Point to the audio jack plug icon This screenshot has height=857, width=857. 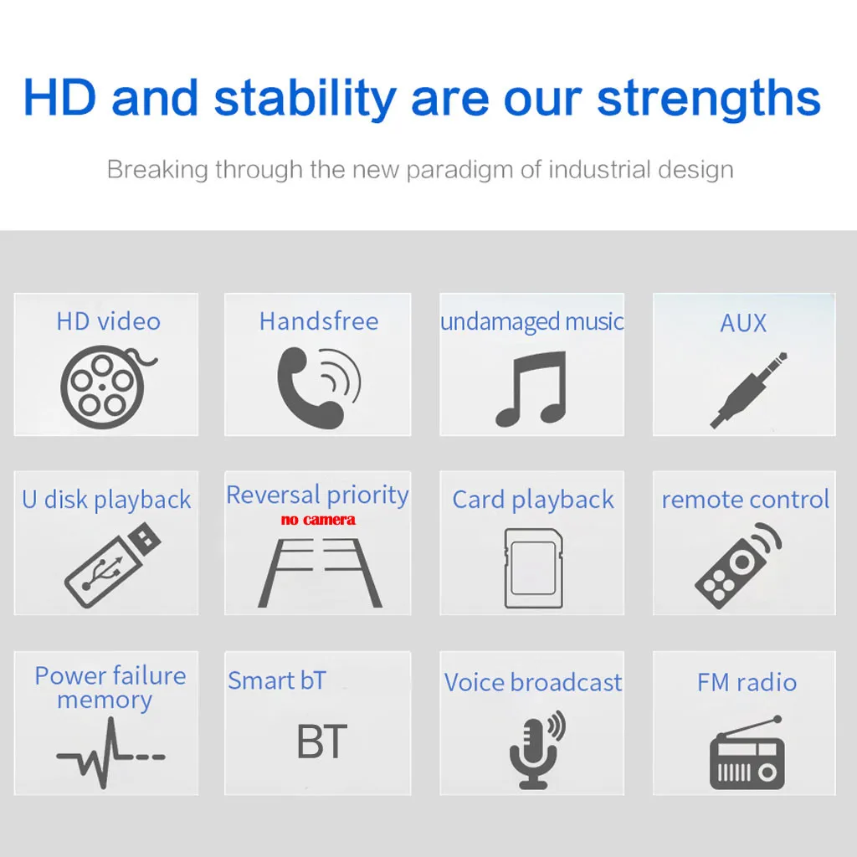[747, 390]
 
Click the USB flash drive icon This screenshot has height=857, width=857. [113, 566]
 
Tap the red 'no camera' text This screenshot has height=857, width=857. [318, 519]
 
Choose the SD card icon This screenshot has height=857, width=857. [533, 568]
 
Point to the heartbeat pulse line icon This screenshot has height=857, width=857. [110, 754]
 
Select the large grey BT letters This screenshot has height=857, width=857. [322, 742]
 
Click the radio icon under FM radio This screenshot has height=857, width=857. [747, 752]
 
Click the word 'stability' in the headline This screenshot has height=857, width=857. [305, 99]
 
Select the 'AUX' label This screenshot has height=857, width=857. [743, 323]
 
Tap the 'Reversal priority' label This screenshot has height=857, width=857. [317, 495]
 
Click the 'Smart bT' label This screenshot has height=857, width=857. [277, 681]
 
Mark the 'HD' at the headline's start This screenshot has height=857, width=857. [60, 99]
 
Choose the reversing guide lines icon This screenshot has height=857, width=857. [320, 572]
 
